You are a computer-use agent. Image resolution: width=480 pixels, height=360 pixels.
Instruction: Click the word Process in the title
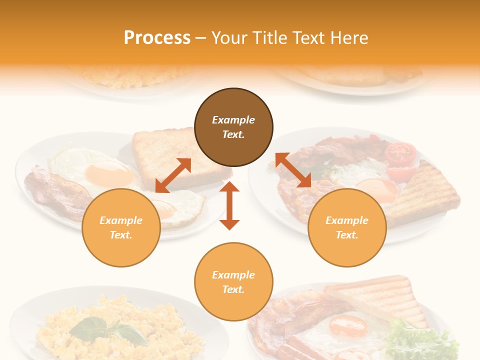157,38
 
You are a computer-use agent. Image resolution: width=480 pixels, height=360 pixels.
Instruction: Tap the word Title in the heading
269,38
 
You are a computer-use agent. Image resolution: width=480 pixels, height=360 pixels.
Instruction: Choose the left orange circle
121,228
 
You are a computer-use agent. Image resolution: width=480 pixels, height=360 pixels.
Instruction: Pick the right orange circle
347,228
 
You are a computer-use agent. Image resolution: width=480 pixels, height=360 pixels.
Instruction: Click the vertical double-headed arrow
229,205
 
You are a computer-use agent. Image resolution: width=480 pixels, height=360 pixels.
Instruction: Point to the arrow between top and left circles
173,175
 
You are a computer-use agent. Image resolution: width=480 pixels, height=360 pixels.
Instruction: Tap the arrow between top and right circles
293,170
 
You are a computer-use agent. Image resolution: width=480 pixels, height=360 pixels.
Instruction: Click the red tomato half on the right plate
401,154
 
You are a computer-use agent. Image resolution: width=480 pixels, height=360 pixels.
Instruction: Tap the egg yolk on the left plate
108,173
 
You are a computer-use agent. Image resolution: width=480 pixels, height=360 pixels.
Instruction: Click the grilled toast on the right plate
425,192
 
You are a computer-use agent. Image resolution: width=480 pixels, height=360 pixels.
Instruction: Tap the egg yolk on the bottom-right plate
348,326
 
